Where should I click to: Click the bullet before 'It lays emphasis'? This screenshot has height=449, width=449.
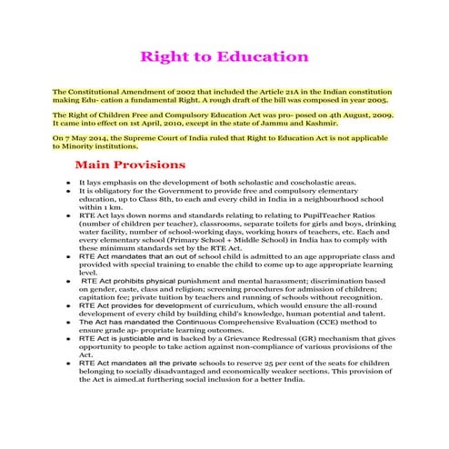[x=68, y=182]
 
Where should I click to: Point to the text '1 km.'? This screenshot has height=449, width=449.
[x=93, y=206]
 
